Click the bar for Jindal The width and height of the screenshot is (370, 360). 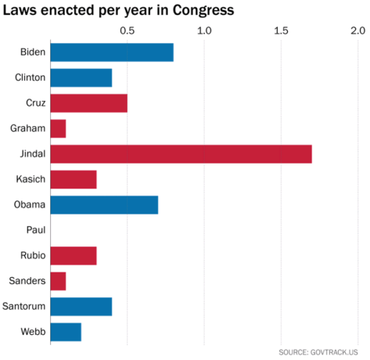coord(181,154)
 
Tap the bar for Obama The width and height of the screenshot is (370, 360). coord(104,205)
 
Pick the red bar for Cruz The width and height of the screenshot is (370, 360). coord(88,103)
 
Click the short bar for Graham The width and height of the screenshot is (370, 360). coord(58,128)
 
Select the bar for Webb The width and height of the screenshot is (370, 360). coord(66,332)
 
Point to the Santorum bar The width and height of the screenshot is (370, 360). coord(81,306)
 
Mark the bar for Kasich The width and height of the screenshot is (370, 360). coord(74,179)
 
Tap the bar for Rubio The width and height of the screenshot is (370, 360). coord(74,256)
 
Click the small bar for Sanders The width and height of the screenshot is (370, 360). coord(58,281)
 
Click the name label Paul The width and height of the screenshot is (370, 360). coord(35,230)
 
